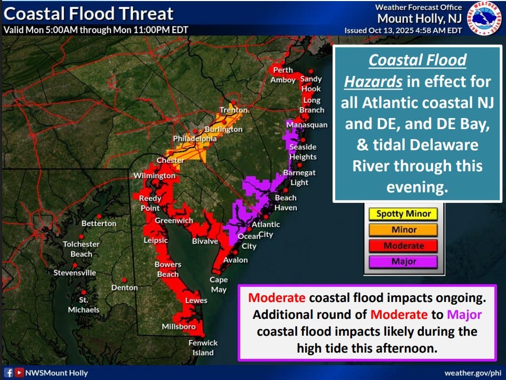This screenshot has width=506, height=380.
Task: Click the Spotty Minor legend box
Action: pos(404,214)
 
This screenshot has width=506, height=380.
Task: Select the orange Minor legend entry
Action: pos(404,230)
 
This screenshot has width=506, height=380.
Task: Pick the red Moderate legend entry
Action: pos(404,246)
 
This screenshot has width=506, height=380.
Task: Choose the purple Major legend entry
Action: pos(404,261)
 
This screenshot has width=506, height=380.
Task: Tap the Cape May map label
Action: pos(219,285)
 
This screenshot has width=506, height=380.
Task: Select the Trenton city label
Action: pos(234,110)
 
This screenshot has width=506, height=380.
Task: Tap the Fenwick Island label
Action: pos(203,348)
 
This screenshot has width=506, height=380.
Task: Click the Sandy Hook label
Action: pos(311,84)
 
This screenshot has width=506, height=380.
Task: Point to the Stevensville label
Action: pos(75,272)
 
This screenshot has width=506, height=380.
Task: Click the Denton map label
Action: pos(124,288)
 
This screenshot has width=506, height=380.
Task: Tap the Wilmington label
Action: pos(154,175)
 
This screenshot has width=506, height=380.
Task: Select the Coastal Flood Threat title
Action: pos(89,13)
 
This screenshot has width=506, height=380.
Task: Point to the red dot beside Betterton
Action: pos(82,223)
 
